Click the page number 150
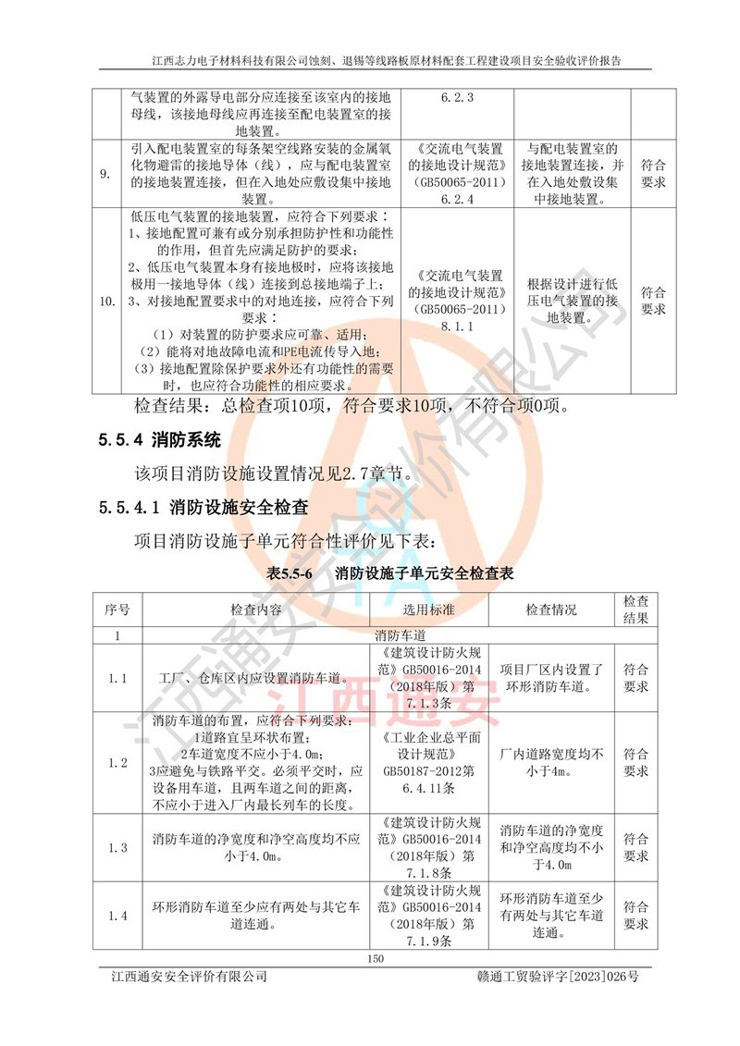375,958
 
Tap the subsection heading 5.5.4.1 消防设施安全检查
203,507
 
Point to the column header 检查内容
255,610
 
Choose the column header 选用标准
428,610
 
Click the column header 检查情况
551,610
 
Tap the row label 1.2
117,763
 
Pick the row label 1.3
117,848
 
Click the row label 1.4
117,916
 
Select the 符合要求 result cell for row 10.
653,301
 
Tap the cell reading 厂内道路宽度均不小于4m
551,763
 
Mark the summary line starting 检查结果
351,405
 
